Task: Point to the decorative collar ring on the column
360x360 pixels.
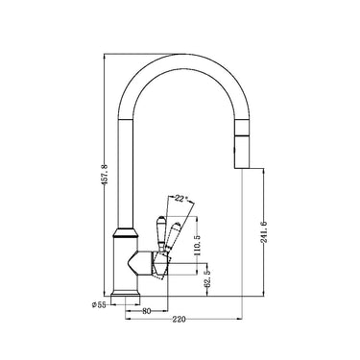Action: coord(126,231)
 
